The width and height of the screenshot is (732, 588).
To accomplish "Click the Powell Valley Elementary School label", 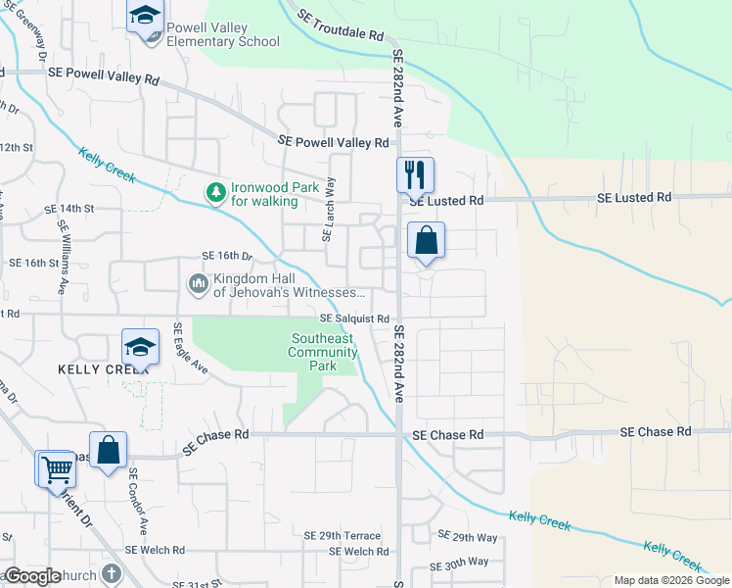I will click(222, 34).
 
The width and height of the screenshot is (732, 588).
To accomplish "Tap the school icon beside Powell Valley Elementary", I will click(145, 17).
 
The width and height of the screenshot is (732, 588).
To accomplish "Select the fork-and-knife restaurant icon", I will click(415, 174).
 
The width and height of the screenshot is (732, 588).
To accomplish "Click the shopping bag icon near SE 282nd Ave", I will click(426, 240).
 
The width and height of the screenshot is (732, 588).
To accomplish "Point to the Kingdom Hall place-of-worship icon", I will click(198, 284).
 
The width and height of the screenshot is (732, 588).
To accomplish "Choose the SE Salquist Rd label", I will click(354, 318).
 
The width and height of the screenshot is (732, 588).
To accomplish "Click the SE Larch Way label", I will click(329, 209).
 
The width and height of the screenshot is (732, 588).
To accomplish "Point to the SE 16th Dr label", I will click(227, 256).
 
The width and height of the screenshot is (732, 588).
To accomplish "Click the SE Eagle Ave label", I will click(192, 349).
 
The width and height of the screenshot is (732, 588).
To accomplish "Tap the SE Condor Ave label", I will click(136, 500).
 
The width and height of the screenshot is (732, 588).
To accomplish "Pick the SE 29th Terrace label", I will click(342, 536).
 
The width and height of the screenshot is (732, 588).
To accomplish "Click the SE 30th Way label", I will click(466, 563).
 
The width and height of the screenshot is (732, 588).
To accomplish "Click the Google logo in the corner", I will click(32, 576).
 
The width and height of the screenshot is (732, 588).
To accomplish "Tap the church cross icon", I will click(112, 574).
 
